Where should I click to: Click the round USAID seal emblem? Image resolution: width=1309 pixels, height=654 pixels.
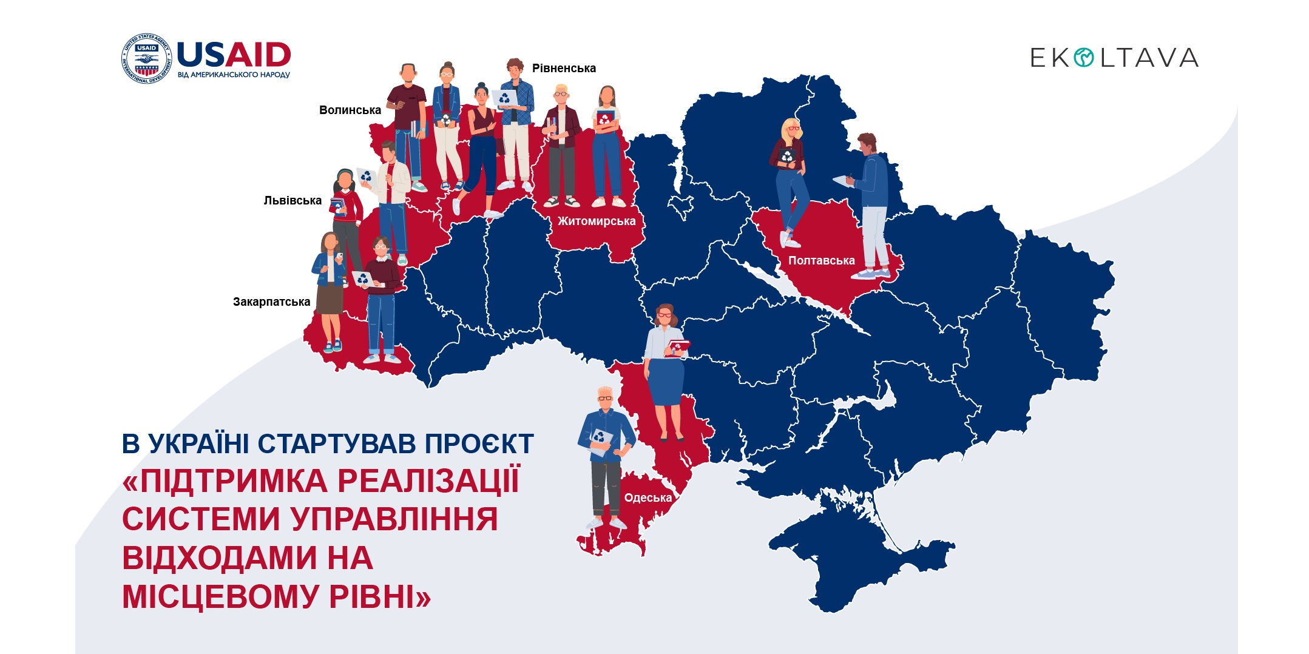(x=146, y=58)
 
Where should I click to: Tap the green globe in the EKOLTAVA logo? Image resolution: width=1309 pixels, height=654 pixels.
(x=1083, y=58)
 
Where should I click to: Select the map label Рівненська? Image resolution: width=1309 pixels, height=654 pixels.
(x=564, y=69)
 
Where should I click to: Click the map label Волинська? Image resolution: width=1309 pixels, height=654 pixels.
(x=350, y=110)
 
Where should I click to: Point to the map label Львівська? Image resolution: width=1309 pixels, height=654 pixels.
(x=293, y=201)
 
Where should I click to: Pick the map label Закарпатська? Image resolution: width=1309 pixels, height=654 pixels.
(x=271, y=302)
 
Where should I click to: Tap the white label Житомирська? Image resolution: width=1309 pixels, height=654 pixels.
(x=597, y=221)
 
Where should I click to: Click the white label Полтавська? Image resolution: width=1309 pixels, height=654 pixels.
(x=821, y=261)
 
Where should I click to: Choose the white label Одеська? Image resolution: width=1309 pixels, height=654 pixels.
(x=648, y=498)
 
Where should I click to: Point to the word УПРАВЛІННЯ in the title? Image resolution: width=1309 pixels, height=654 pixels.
(x=394, y=520)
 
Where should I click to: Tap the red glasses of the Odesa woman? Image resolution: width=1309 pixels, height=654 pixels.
(x=665, y=315)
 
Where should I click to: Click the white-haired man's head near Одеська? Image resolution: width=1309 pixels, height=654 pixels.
(x=604, y=398)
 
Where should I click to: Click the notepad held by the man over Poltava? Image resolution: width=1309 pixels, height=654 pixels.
(x=843, y=181)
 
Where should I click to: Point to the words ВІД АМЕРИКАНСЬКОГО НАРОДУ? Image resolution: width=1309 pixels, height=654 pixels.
(x=234, y=75)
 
